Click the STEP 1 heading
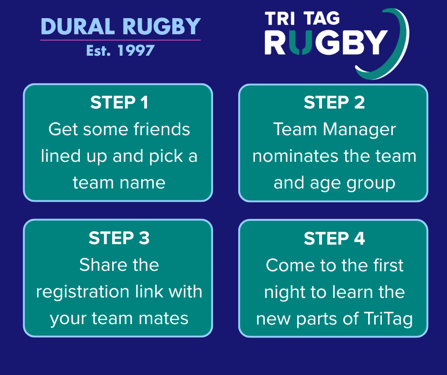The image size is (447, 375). click(x=119, y=102)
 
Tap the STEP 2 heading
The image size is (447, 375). click(x=334, y=102)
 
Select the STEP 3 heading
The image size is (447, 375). click(x=119, y=238)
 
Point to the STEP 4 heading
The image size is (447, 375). click(x=334, y=238)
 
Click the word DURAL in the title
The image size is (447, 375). click(x=78, y=27)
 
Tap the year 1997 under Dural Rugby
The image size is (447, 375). click(x=136, y=50)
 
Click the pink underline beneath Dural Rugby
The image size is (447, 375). click(x=120, y=40)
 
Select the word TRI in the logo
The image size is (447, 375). click(x=280, y=19)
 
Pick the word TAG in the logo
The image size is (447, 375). click(x=321, y=19)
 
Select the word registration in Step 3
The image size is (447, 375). click(x=83, y=292)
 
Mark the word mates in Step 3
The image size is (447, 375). click(x=164, y=318)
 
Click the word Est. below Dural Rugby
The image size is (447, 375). click(x=98, y=50)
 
